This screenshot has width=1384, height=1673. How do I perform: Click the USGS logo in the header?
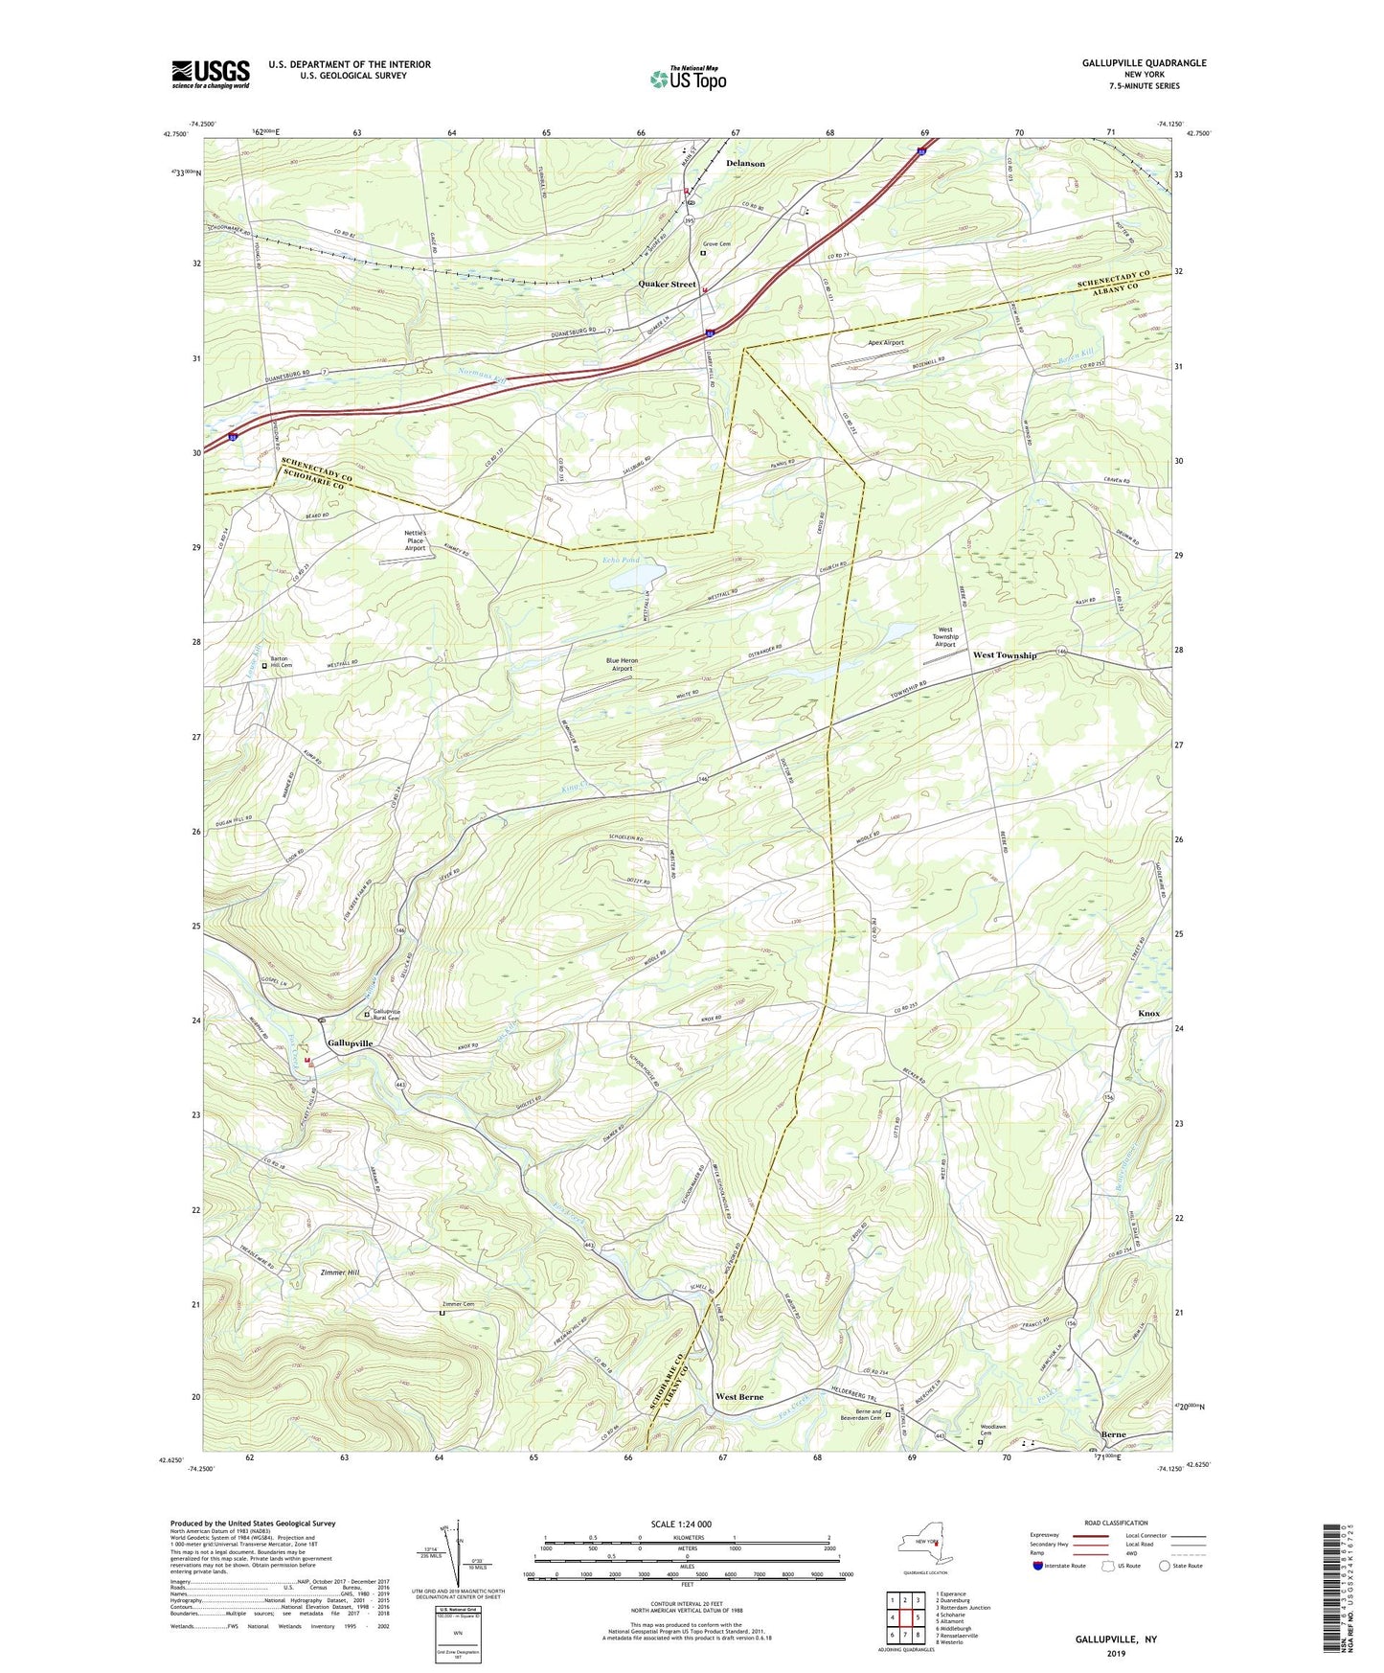210,74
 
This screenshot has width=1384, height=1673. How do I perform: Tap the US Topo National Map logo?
688,79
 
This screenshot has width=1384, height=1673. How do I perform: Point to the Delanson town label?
745,164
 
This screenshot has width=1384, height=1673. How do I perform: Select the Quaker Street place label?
667,285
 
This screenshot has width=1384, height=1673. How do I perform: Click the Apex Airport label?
885,342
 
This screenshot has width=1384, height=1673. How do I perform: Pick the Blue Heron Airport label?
622,664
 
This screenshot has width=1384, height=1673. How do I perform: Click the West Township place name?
1005,655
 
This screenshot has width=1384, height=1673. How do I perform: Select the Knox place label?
1148,1014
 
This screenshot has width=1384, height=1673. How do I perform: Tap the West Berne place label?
739,1398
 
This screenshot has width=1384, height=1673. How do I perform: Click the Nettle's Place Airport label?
414,540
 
